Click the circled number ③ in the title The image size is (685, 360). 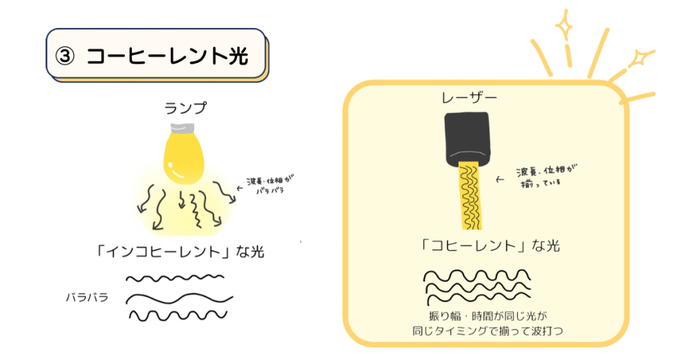tap(65, 56)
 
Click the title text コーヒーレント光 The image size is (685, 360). tap(167, 56)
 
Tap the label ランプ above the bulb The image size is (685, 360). tap(185, 108)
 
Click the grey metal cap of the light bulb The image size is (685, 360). tap(182, 128)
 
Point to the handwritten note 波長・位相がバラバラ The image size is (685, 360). tap(270, 185)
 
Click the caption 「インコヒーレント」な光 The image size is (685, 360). tap(180, 251)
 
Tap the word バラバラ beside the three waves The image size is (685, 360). tap(87, 298)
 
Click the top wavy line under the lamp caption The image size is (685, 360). tap(175, 278)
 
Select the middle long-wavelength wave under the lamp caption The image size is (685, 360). tap(179, 299)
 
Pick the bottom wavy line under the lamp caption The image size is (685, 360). tap(178, 315)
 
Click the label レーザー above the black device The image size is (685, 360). tap(469, 98)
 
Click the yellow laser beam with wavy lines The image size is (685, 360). tap(470, 195)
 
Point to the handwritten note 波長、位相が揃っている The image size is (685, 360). tap(546, 175)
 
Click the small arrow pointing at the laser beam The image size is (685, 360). tap(500, 179)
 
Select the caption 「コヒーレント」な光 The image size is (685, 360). tap(489, 246)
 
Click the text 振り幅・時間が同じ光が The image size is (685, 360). tap(488, 316)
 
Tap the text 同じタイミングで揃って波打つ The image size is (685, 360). tap(488, 331)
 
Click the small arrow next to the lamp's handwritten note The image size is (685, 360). tap(239, 188)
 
